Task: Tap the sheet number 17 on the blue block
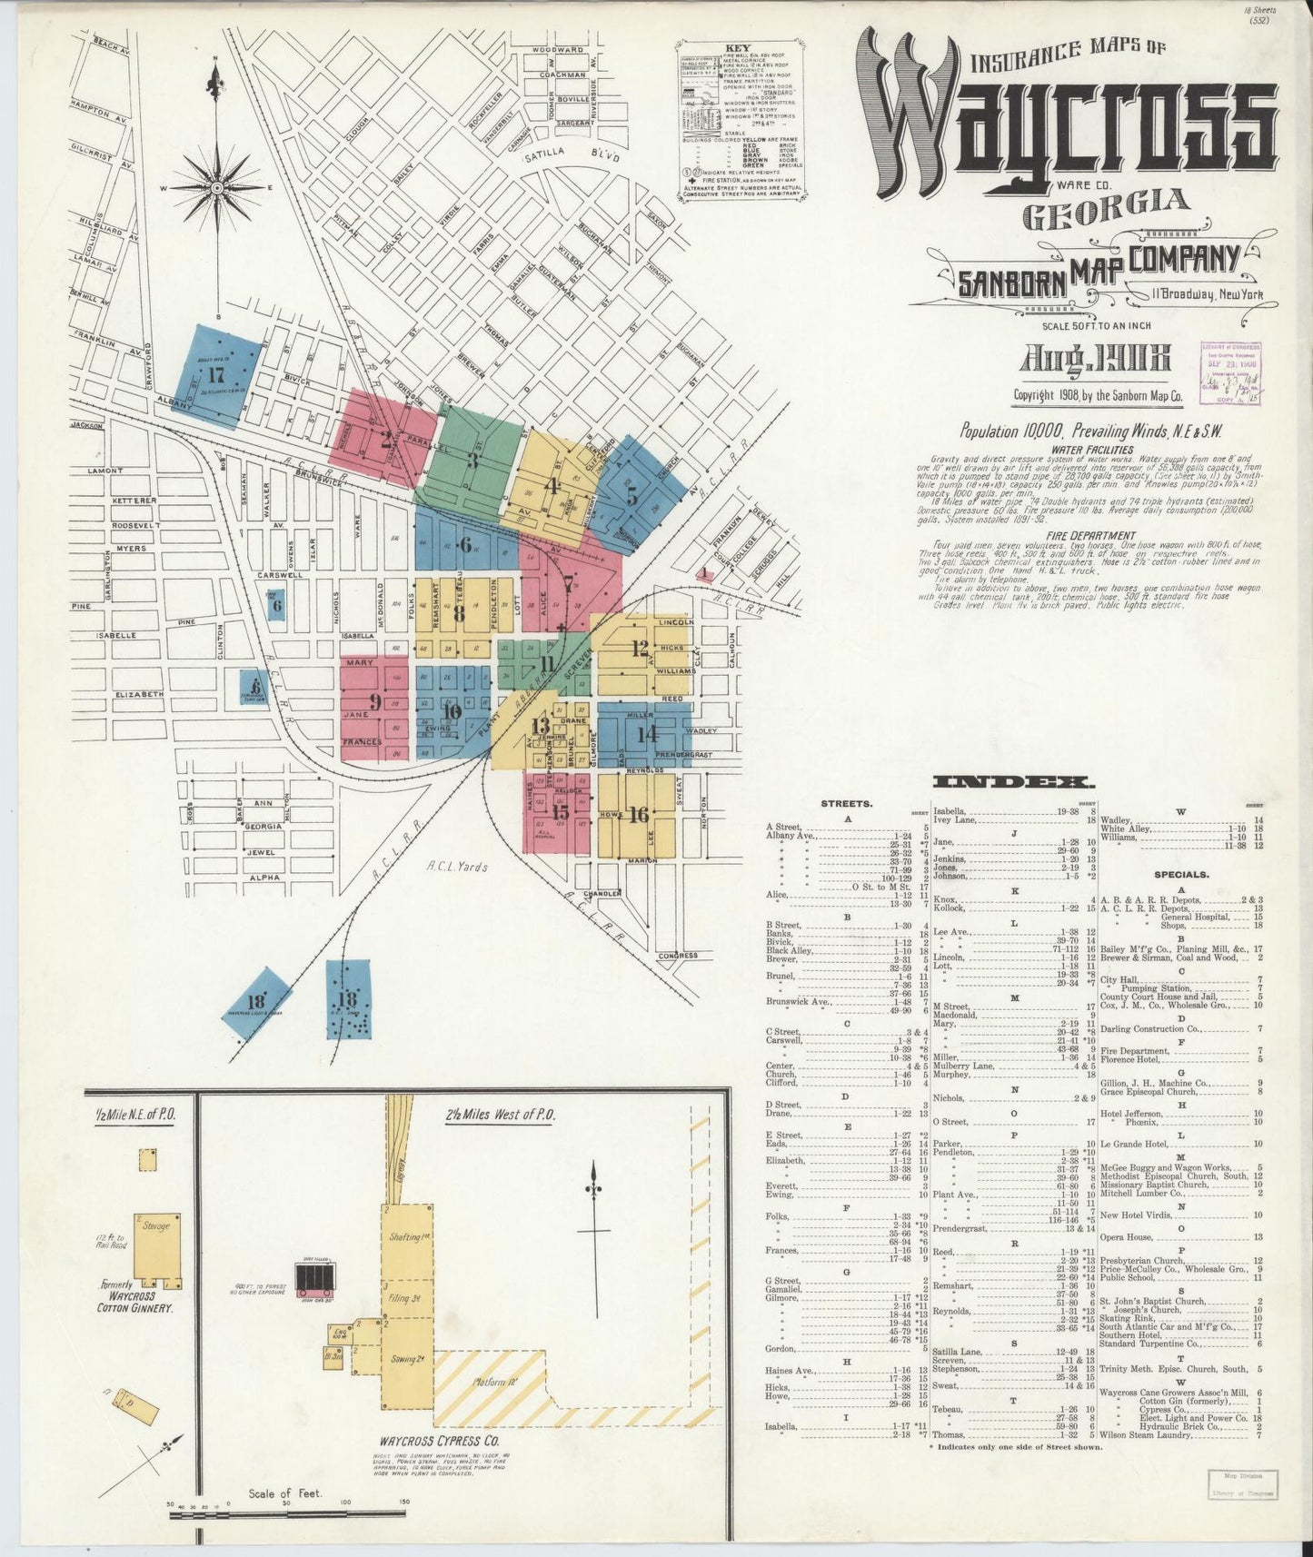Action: pos(215,375)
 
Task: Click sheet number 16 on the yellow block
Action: pos(638,815)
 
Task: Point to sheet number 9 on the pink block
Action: pos(374,702)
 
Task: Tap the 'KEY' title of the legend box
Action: pos(737,49)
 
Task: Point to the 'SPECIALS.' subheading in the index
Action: pos(1179,875)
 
